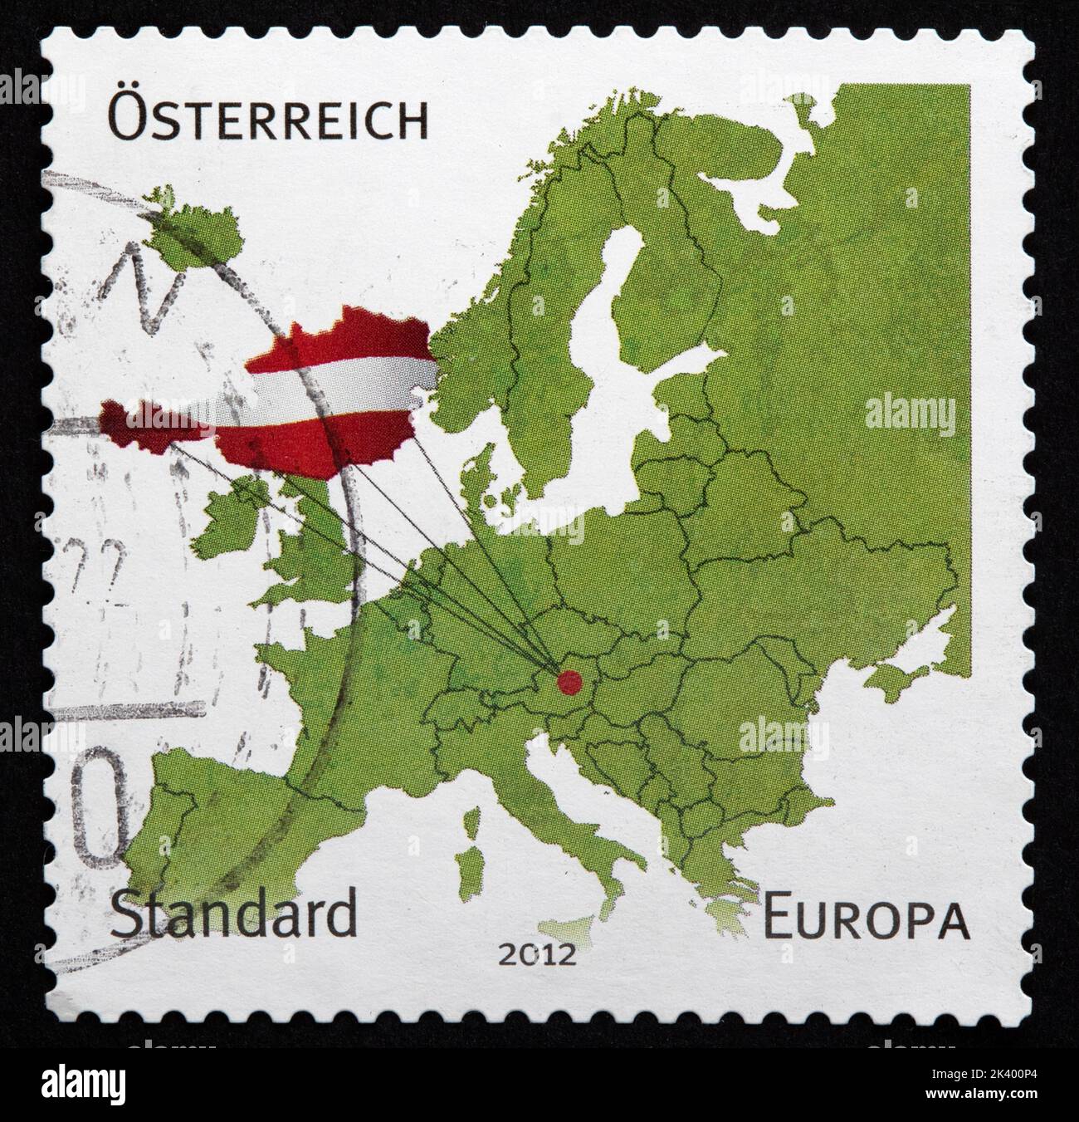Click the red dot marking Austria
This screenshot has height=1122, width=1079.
(569, 683)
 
